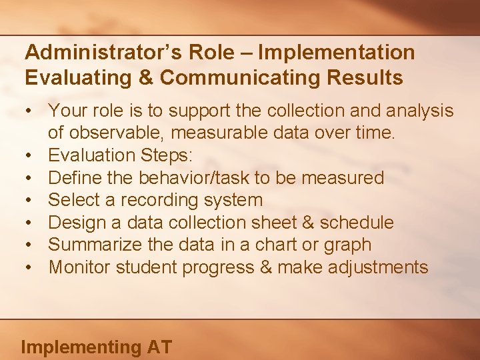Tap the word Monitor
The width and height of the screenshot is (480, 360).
click(x=79, y=267)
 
